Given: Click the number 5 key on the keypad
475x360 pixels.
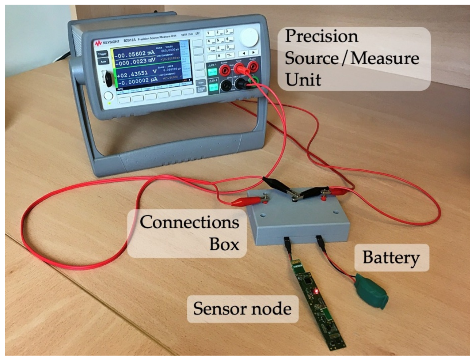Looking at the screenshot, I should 218,41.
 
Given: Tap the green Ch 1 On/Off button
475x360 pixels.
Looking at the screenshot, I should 213,72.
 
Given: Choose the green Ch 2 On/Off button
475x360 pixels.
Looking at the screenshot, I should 213,87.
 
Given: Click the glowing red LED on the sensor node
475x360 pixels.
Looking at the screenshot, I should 316,291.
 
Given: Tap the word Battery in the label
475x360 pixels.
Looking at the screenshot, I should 391,258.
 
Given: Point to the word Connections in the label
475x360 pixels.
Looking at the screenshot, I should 189,222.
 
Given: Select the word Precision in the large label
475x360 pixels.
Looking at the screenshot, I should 322,36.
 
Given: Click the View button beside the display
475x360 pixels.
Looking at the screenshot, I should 200,82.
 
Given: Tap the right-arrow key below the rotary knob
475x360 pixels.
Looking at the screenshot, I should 253,53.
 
